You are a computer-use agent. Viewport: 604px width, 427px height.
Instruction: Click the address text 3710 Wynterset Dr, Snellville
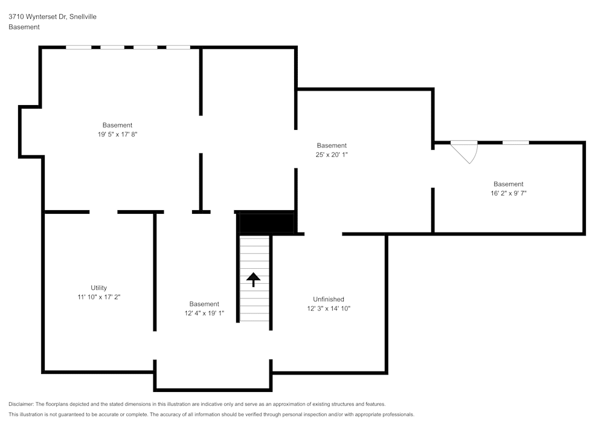click(53, 16)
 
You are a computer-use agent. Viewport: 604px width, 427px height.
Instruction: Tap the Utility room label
click(98, 287)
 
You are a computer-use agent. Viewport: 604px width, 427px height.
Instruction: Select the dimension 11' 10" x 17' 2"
click(99, 297)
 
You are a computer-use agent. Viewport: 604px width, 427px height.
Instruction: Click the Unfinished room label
click(329, 299)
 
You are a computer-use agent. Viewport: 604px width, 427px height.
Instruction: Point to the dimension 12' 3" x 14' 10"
click(329, 309)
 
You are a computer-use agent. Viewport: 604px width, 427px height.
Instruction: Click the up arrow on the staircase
click(254, 280)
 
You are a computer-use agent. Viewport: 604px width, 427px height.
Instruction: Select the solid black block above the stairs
click(266, 222)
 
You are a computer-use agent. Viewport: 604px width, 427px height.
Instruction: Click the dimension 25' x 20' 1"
click(332, 155)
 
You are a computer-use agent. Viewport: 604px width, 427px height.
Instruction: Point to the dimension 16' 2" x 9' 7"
click(509, 193)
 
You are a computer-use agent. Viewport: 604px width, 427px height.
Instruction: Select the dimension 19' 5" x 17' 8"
click(118, 134)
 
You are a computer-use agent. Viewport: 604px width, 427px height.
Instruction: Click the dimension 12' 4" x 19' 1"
click(204, 313)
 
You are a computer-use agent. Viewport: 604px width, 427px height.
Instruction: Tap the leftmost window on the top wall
click(79, 47)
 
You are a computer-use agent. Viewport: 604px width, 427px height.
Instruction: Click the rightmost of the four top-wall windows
click(178, 47)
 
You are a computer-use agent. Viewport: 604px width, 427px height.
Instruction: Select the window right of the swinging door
click(516, 143)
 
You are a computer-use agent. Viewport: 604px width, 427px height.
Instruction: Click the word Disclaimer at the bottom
click(21, 404)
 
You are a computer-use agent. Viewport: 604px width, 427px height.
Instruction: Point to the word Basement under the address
click(24, 27)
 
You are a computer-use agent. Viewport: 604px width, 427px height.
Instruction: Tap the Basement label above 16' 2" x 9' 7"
click(509, 184)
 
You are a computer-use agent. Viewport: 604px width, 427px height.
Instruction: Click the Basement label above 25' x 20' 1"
click(332, 146)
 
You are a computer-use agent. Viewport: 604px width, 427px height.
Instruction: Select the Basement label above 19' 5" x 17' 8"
click(118, 125)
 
